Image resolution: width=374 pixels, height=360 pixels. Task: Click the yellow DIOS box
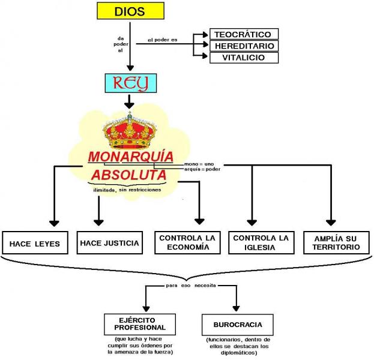(x=129, y=11)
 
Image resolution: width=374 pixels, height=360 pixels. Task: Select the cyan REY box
(x=129, y=83)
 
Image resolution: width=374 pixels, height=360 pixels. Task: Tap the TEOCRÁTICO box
(x=244, y=34)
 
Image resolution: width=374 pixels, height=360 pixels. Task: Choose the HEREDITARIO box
(x=244, y=46)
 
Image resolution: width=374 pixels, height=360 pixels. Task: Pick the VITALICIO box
(x=244, y=58)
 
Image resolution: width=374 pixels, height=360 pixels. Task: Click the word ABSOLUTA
(x=128, y=175)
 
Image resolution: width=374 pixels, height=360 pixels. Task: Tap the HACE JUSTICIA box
(x=109, y=243)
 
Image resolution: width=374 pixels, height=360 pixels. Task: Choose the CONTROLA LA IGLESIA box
(x=261, y=242)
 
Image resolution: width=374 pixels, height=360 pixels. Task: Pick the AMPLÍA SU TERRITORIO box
(x=336, y=242)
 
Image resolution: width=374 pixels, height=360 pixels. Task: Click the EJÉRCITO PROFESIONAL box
(x=139, y=324)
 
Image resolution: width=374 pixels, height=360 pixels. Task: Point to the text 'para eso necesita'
(x=191, y=286)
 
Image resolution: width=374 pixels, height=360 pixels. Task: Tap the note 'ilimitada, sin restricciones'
(x=127, y=190)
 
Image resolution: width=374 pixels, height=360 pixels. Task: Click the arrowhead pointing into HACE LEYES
(x=54, y=223)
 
